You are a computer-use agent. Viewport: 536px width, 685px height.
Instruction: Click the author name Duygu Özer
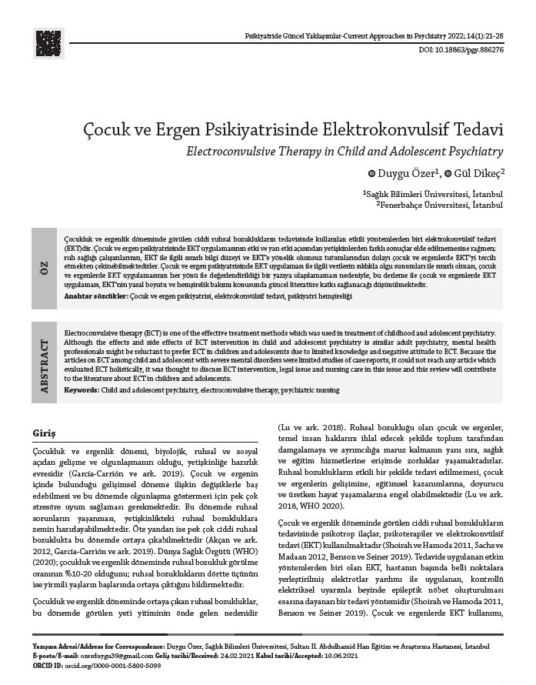click(x=406, y=174)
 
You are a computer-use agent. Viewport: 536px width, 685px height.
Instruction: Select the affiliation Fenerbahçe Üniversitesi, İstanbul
click(x=441, y=205)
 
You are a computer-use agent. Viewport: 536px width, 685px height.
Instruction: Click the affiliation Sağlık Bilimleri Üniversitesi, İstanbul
click(x=434, y=195)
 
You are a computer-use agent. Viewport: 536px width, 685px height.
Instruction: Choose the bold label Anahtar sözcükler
click(x=96, y=296)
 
